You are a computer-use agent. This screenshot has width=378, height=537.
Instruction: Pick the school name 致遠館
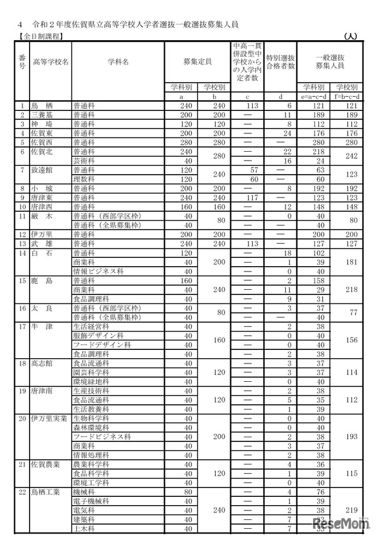(x=44, y=170)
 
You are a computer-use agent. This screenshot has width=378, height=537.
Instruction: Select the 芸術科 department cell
(x=82, y=161)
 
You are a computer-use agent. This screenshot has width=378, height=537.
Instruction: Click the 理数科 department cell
(x=82, y=179)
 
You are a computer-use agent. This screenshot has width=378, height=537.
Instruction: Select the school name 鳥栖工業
(x=47, y=492)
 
